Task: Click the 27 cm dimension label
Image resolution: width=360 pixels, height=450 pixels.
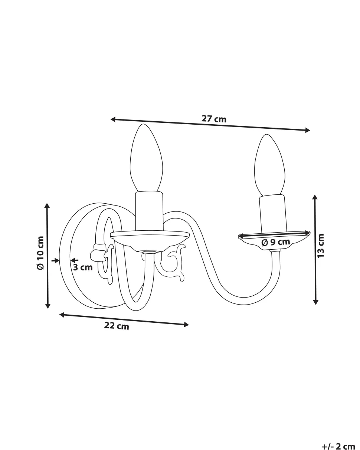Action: [x=214, y=119]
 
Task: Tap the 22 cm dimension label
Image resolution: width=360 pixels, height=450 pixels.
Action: [x=117, y=326]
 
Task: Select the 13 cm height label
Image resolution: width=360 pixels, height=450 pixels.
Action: [x=320, y=246]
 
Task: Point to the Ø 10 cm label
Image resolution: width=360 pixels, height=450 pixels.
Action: [x=40, y=253]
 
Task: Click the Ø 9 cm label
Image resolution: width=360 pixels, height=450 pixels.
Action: [x=276, y=242]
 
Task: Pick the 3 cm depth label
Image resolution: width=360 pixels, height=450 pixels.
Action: [x=83, y=267]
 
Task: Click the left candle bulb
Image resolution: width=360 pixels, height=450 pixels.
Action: [x=146, y=158]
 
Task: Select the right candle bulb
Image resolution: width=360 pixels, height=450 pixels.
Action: [x=270, y=165]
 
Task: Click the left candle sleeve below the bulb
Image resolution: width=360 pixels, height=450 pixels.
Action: [x=149, y=211]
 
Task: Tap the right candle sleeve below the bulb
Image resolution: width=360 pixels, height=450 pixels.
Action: [x=272, y=214]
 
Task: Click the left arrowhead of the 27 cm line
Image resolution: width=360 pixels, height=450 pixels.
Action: [x=113, y=119]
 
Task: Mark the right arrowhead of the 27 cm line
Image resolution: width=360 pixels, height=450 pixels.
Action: [x=308, y=130]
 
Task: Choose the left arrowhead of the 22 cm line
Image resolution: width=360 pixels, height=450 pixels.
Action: [x=62, y=315]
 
